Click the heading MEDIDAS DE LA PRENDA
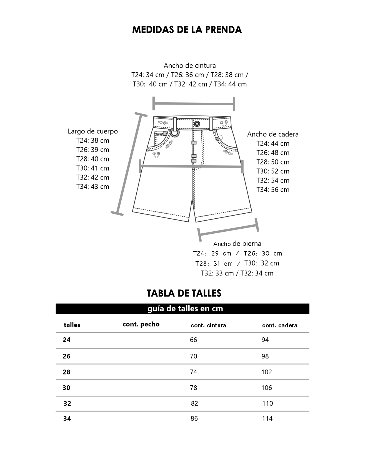tap(187, 30)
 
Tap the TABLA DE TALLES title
tap(184, 293)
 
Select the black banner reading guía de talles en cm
tap(182, 309)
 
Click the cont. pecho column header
tap(141, 324)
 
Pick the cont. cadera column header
tap(280, 325)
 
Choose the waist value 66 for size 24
tap(194, 340)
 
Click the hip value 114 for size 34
tap(267, 418)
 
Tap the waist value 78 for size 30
tap(194, 388)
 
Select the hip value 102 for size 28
tap(267, 372)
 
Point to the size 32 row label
tap(67, 403)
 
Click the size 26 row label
tap(67, 356)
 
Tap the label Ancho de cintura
tap(190, 65)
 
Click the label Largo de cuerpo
tap(93, 131)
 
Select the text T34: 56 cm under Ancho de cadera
tap(273, 190)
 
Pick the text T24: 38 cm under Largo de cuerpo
tap(93, 140)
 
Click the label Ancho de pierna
tap(237, 244)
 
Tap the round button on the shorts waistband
tap(197, 124)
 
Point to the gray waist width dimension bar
tap(194, 104)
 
